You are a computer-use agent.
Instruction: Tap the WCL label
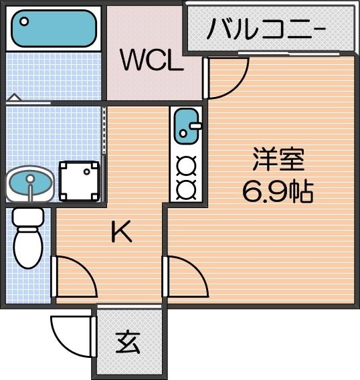click(151, 61)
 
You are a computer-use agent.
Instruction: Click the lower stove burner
click(185, 188)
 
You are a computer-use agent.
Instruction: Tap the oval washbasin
click(29, 183)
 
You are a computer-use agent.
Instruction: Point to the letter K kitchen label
click(120, 232)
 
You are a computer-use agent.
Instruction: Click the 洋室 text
click(278, 161)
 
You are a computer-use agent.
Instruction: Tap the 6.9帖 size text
click(278, 192)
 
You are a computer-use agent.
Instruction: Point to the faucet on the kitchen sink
click(195, 125)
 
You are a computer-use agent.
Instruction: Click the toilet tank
click(28, 217)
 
